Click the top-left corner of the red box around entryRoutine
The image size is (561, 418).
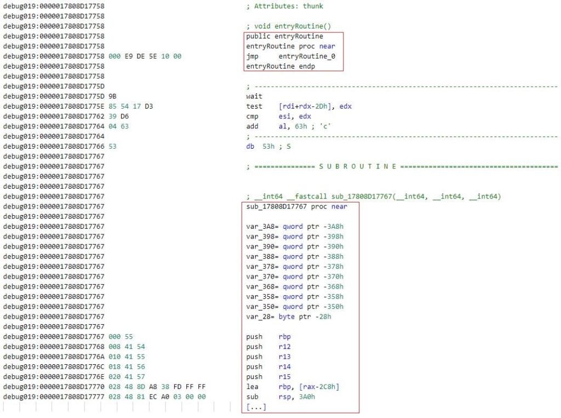[x=244, y=32]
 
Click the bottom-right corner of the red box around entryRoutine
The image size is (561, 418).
[x=344, y=71]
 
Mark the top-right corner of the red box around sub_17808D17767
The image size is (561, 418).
[x=359, y=202]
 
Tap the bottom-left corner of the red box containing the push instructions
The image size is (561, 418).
[x=242, y=413]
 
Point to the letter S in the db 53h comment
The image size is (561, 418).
[x=288, y=146]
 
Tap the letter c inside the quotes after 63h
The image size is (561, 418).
[x=325, y=126]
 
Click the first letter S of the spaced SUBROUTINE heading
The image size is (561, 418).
[x=321, y=167]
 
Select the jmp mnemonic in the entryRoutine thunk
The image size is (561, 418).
[x=252, y=57]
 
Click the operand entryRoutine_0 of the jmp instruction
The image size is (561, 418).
[x=307, y=57]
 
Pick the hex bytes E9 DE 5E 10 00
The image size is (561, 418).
[x=153, y=57]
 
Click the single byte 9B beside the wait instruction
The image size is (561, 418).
[x=112, y=97]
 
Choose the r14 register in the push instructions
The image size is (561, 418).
[x=285, y=367]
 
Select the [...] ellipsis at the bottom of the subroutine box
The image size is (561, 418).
[x=256, y=407]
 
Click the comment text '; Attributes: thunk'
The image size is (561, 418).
[x=285, y=6]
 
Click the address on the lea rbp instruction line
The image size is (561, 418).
[x=54, y=387]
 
